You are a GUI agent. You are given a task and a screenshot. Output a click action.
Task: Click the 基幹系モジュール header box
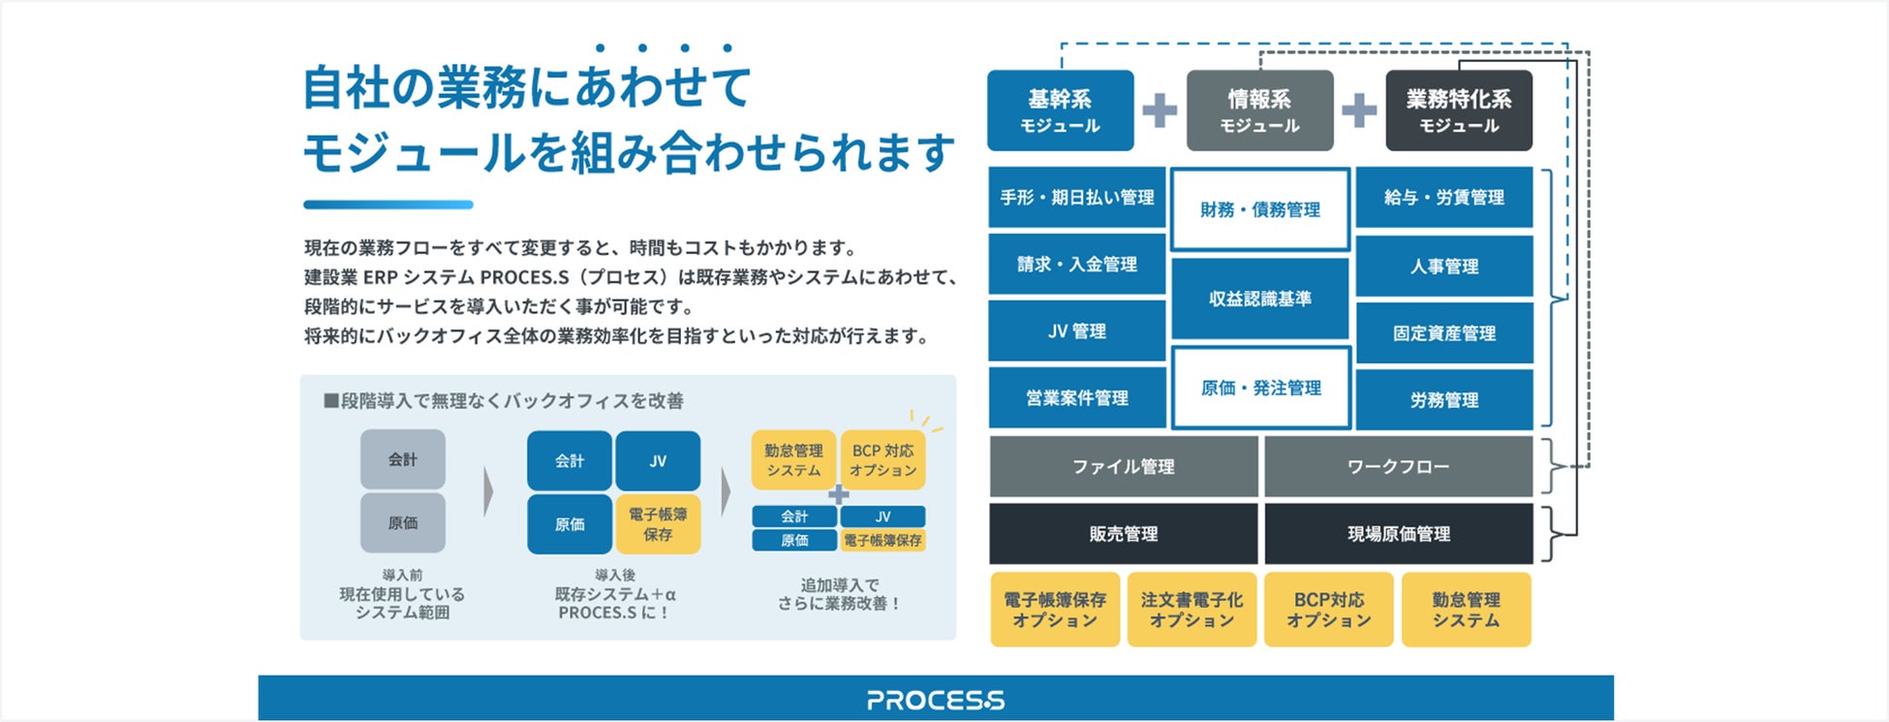pyautogui.click(x=1060, y=110)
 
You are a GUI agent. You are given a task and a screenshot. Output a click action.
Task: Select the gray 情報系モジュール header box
pyautogui.click(x=1259, y=110)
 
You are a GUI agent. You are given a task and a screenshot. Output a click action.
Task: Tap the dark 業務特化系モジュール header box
pyautogui.click(x=1458, y=110)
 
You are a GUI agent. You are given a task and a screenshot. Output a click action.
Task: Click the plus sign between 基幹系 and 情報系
pyautogui.click(x=1160, y=110)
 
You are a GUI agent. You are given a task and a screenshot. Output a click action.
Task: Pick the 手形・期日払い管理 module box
pyautogui.click(x=1076, y=198)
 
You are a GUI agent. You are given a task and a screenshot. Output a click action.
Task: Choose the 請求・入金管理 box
pyautogui.click(x=1076, y=265)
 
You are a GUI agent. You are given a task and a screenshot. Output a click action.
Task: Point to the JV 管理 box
pyautogui.click(x=1076, y=331)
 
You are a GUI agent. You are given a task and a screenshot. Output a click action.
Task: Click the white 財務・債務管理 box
pyautogui.click(x=1259, y=209)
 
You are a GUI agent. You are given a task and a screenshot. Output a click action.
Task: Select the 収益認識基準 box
pyautogui.click(x=1259, y=298)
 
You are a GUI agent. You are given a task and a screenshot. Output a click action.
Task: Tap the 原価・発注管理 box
pyautogui.click(x=1260, y=388)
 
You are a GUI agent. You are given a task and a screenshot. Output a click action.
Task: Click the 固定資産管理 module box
pyautogui.click(x=1443, y=333)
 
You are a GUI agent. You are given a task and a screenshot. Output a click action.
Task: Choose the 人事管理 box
pyautogui.click(x=1443, y=267)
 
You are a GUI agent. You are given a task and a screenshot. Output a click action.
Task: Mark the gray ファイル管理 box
pyautogui.click(x=1123, y=467)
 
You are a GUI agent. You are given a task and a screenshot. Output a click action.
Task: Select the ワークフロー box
pyautogui.click(x=1398, y=467)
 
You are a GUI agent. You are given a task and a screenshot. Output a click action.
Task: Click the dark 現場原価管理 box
pyautogui.click(x=1398, y=534)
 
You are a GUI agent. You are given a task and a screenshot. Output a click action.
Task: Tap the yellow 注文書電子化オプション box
pyautogui.click(x=1192, y=610)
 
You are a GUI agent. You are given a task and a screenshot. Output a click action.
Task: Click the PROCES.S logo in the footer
pyautogui.click(x=935, y=700)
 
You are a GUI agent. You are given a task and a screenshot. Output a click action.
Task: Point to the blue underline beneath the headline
pyautogui.click(x=387, y=204)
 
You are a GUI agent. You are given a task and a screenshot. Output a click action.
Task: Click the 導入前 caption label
pyautogui.click(x=402, y=575)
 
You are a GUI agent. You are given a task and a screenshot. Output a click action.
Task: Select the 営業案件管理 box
pyautogui.click(x=1076, y=398)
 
